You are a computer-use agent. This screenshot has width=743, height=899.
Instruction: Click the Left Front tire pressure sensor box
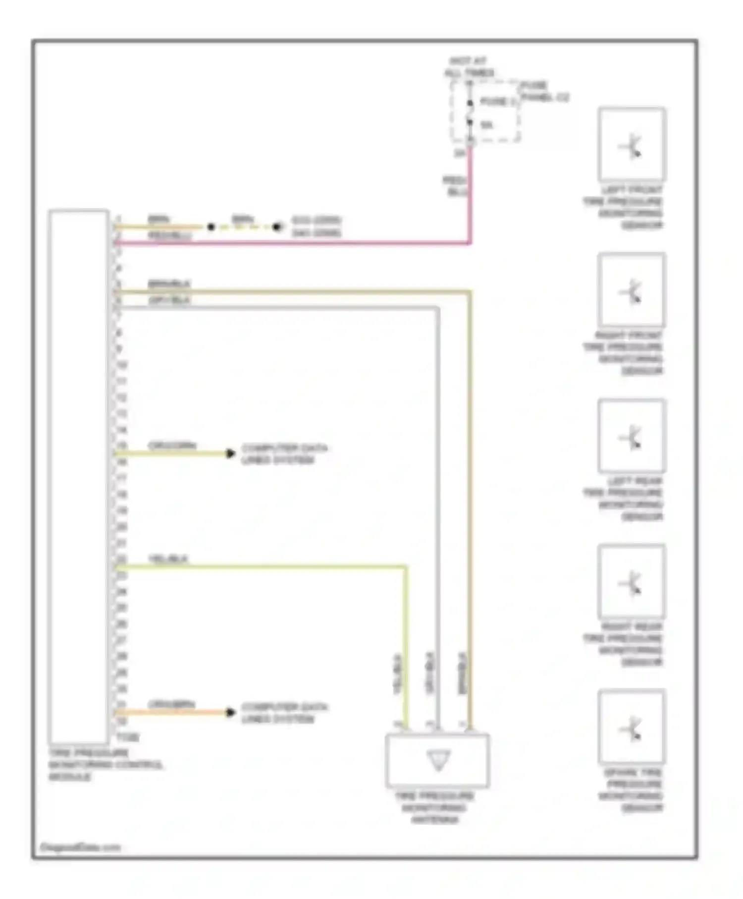click(x=632, y=144)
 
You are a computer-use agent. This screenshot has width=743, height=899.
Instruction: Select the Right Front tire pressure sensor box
click(x=632, y=290)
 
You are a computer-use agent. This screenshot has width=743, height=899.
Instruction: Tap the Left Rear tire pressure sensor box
click(x=632, y=436)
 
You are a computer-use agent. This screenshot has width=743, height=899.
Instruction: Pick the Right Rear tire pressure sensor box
click(x=632, y=581)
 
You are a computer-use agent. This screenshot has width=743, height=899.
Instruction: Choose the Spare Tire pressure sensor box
click(x=632, y=727)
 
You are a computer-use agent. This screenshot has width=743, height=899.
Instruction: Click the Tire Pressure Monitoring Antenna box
click(x=438, y=760)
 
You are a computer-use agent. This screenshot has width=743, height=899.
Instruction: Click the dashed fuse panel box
click(x=485, y=112)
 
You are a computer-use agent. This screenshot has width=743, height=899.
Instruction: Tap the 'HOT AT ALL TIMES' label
click(x=469, y=67)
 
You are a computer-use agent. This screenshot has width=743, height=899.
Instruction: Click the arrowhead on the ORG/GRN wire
click(x=230, y=453)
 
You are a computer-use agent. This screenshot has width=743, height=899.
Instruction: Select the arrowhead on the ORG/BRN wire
click(x=230, y=713)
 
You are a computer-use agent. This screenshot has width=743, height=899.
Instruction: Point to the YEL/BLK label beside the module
click(x=168, y=559)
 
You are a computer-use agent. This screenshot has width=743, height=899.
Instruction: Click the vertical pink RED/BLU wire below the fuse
click(x=470, y=198)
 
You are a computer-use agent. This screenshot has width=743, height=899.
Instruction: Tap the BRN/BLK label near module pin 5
click(x=169, y=284)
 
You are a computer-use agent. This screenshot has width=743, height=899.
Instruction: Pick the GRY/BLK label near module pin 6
click(x=169, y=300)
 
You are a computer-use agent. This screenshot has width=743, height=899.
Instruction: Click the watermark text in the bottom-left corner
click(x=80, y=847)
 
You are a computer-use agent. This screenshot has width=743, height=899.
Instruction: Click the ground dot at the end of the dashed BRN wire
click(x=277, y=227)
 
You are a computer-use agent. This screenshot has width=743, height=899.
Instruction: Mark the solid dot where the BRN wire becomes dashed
click(x=212, y=227)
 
